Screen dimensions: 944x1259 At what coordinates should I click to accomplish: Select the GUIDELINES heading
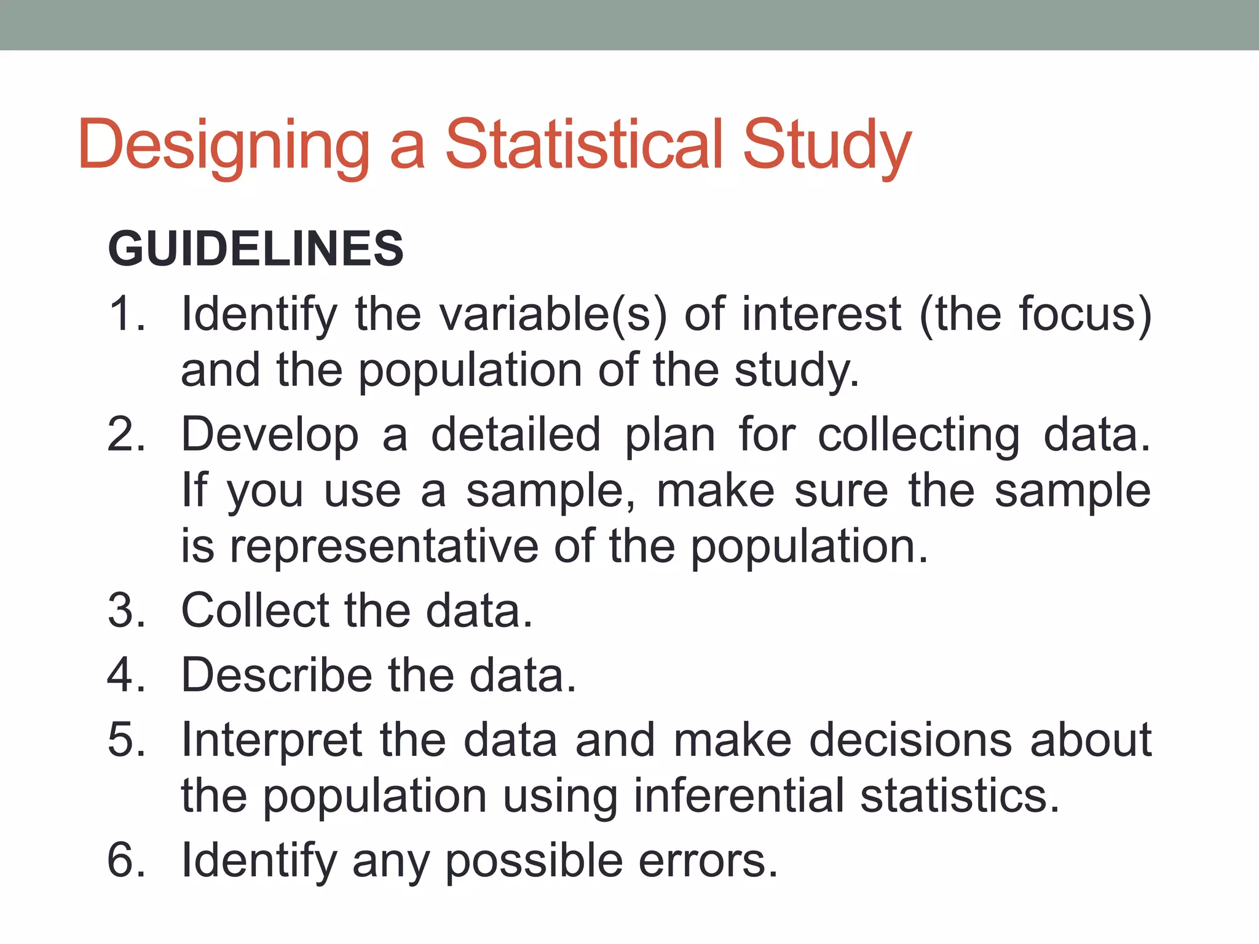(256, 248)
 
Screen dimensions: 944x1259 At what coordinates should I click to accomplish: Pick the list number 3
(126, 611)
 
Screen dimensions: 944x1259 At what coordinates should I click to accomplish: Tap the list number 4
(126, 675)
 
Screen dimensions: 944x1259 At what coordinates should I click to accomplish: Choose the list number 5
(126, 739)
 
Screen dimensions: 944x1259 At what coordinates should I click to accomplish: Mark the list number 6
(126, 860)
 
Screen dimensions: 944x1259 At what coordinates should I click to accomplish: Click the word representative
(384, 546)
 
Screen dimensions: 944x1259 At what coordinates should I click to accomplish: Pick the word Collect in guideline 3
(256, 611)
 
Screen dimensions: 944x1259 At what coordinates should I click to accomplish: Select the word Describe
(277, 675)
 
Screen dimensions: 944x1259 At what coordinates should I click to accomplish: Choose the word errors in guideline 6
(707, 860)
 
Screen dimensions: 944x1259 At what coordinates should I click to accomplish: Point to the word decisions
(910, 739)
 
